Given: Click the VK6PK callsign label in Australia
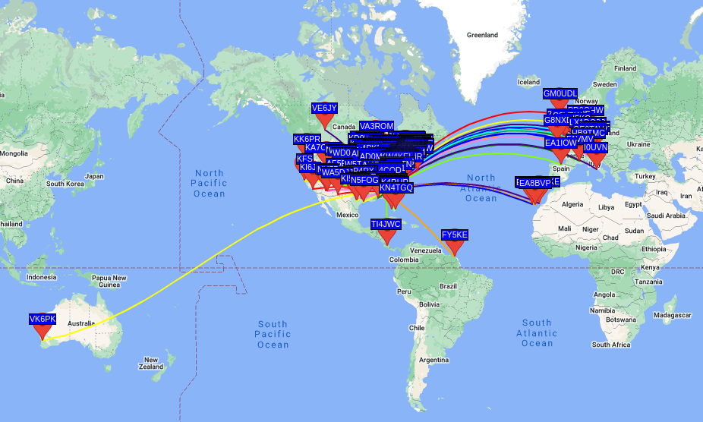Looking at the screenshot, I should coord(43,318).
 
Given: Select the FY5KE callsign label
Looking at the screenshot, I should coord(455,235).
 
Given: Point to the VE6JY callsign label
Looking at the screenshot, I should coord(324,108).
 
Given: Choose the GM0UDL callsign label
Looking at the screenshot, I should coord(560,93).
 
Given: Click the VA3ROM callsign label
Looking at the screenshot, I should coord(377,126).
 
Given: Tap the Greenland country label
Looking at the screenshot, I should coord(481,35).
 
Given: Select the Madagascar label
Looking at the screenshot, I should coord(673,315).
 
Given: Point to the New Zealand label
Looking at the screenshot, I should coord(158,364).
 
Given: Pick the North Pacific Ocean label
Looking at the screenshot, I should coord(210,183).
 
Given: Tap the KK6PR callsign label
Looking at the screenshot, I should coord(307,139).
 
